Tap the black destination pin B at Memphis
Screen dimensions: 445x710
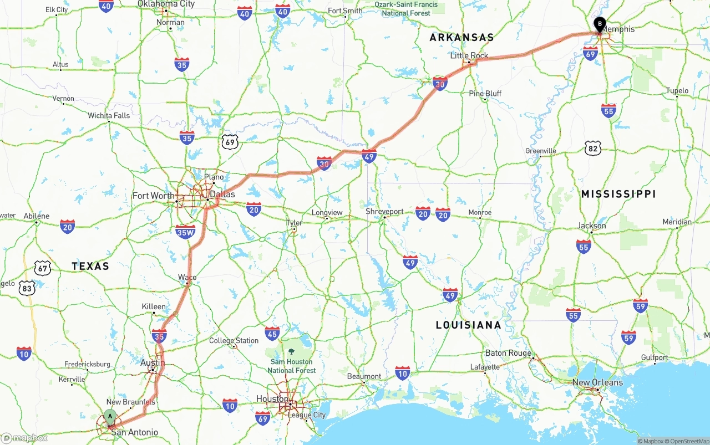click(599, 24)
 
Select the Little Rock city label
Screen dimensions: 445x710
click(469, 55)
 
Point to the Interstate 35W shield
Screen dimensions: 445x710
click(185, 232)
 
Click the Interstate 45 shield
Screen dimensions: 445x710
click(272, 333)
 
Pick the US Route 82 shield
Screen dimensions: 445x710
click(592, 148)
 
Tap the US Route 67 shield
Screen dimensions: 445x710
click(43, 269)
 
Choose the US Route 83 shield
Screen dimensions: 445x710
click(27, 288)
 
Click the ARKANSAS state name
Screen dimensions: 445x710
click(461, 38)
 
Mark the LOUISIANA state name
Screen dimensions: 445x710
click(468, 325)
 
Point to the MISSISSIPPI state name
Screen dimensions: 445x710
click(618, 194)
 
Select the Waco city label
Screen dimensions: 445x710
click(187, 277)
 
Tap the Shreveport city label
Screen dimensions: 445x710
click(384, 212)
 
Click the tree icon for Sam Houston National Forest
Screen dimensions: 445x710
click(292, 351)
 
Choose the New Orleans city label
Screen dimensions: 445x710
click(597, 382)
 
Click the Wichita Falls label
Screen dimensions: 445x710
click(109, 116)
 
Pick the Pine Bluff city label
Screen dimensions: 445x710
click(485, 93)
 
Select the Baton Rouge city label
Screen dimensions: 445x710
click(508, 353)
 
